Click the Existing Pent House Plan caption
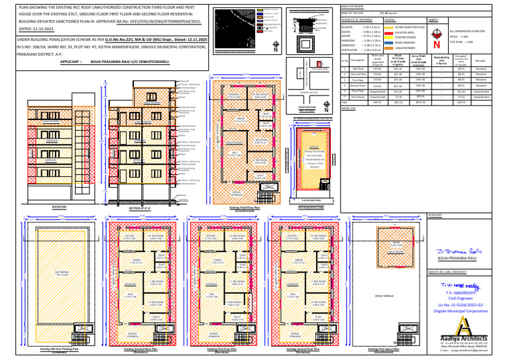click(384, 349)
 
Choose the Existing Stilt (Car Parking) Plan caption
click(60, 349)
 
